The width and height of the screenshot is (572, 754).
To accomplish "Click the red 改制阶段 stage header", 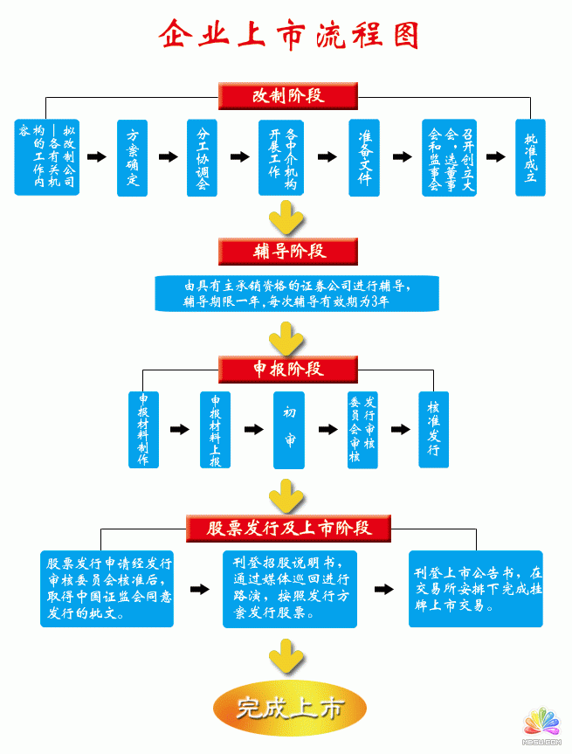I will (287, 95).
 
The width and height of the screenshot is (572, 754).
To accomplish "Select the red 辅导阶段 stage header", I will (287, 251).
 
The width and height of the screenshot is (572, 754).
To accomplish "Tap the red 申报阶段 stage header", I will (287, 369).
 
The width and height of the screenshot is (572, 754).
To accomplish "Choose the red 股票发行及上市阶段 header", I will (288, 528).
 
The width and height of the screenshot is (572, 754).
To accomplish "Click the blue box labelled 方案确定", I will (133, 157).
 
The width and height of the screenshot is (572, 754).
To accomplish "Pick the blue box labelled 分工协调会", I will (202, 157).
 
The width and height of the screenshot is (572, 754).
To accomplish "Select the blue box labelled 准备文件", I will (364, 157).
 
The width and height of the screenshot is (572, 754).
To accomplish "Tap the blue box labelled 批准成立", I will (530, 157).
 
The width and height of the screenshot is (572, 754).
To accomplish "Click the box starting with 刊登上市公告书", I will (476, 588).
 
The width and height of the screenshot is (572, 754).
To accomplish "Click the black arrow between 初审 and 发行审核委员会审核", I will (327, 429).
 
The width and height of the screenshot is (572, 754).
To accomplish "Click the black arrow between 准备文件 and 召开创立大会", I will (402, 157).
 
